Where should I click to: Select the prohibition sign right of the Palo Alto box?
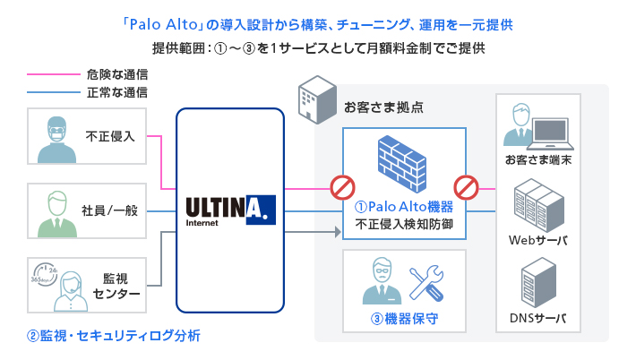(467, 188)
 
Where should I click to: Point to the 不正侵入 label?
(110, 137)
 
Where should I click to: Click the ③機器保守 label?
(404, 318)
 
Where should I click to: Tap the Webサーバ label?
(538, 240)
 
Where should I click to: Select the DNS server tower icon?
(538, 285)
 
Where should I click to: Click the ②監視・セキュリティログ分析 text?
(114, 337)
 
